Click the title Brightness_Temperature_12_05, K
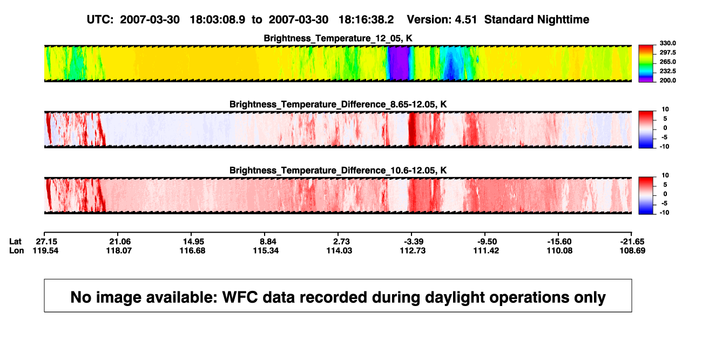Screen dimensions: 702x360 (338, 38)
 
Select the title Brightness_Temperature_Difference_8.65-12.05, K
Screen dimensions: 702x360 (338, 104)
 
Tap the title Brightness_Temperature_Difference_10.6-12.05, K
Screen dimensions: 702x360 (338, 171)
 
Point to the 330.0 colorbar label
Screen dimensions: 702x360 (667, 43)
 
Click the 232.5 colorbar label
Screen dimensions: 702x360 (667, 71)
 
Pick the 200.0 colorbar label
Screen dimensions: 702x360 (667, 80)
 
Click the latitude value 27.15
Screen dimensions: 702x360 (46, 242)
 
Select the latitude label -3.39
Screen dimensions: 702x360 (413, 242)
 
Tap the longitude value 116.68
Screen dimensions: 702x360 (192, 250)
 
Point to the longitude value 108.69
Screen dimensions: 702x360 (632, 250)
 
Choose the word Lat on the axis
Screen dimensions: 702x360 (15, 242)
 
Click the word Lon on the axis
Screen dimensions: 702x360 (16, 250)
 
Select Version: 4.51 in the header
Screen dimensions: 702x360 (442, 20)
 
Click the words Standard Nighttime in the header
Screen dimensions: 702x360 (537, 20)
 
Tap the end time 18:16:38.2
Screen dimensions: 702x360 (366, 20)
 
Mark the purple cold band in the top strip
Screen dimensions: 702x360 (399, 63)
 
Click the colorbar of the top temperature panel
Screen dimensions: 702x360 (646, 64)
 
